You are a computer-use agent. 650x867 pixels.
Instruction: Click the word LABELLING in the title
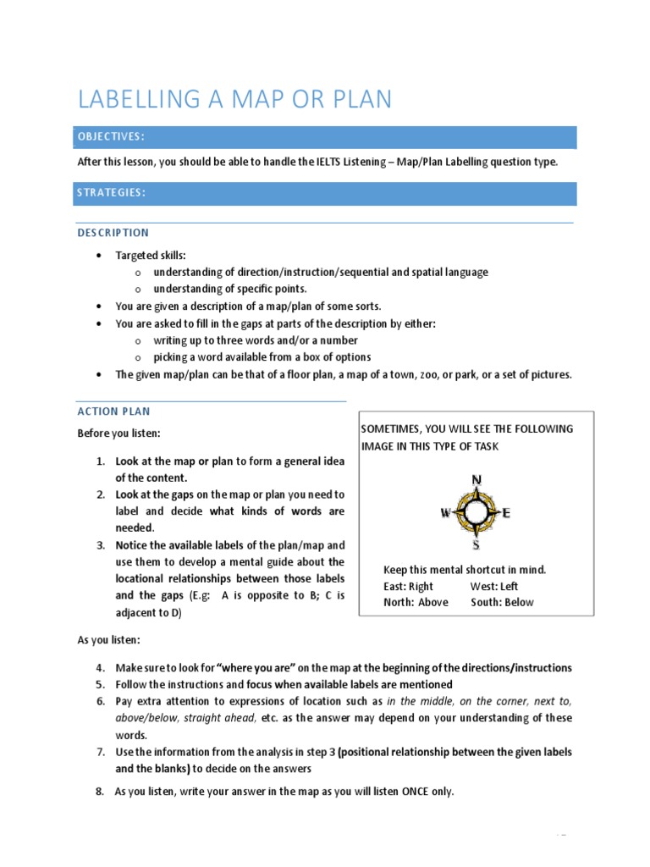[x=135, y=99]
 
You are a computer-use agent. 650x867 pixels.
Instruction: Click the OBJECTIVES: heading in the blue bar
[x=111, y=136]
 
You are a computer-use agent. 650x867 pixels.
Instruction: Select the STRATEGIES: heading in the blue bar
[x=112, y=193]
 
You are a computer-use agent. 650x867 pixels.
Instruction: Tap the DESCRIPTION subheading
[x=113, y=233]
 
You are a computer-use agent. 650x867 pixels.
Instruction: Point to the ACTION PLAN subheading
[x=113, y=411]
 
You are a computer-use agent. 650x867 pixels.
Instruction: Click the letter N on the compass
[x=476, y=480]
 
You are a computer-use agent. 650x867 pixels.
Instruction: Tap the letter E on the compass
[x=507, y=512]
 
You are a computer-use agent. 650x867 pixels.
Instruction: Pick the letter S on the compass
[x=476, y=544]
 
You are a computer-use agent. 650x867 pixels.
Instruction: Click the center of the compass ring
[x=476, y=512]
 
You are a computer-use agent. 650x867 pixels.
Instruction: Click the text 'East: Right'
[x=408, y=586]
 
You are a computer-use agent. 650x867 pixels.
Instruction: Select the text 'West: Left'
[x=494, y=586]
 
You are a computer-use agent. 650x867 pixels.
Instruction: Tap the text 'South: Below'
[x=502, y=602]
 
